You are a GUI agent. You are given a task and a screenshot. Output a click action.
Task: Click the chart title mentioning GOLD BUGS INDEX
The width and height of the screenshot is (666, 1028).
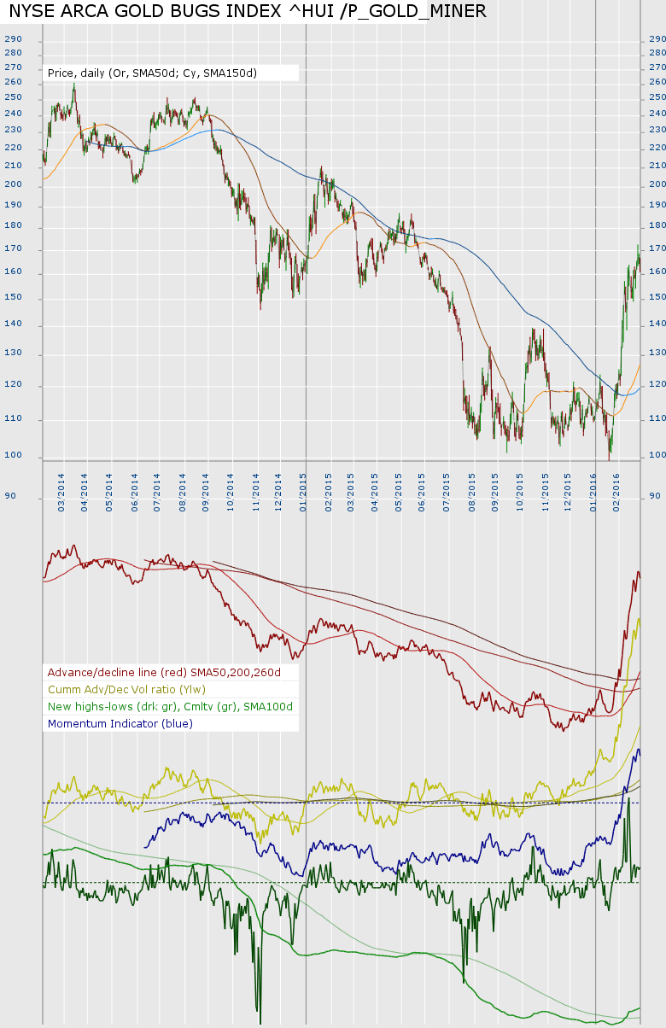click(248, 11)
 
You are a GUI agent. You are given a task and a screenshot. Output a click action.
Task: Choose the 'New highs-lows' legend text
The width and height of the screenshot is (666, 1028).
click(170, 707)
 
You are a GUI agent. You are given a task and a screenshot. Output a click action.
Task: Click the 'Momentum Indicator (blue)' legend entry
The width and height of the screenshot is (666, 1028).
click(120, 724)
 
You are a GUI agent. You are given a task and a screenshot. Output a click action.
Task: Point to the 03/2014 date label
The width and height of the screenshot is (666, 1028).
click(61, 486)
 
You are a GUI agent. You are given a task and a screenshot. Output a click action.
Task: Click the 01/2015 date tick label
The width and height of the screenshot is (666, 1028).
click(304, 486)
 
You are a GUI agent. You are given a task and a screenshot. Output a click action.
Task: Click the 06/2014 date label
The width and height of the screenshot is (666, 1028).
click(134, 486)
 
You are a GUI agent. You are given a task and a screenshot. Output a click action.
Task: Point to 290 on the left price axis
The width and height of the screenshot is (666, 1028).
click(13, 39)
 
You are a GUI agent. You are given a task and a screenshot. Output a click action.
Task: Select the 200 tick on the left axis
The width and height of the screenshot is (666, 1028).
click(13, 185)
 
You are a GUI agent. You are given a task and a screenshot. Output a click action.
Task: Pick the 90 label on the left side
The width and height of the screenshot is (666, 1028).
click(10, 495)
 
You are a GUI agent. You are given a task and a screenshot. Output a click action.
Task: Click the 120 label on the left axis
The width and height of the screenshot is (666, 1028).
click(13, 386)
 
